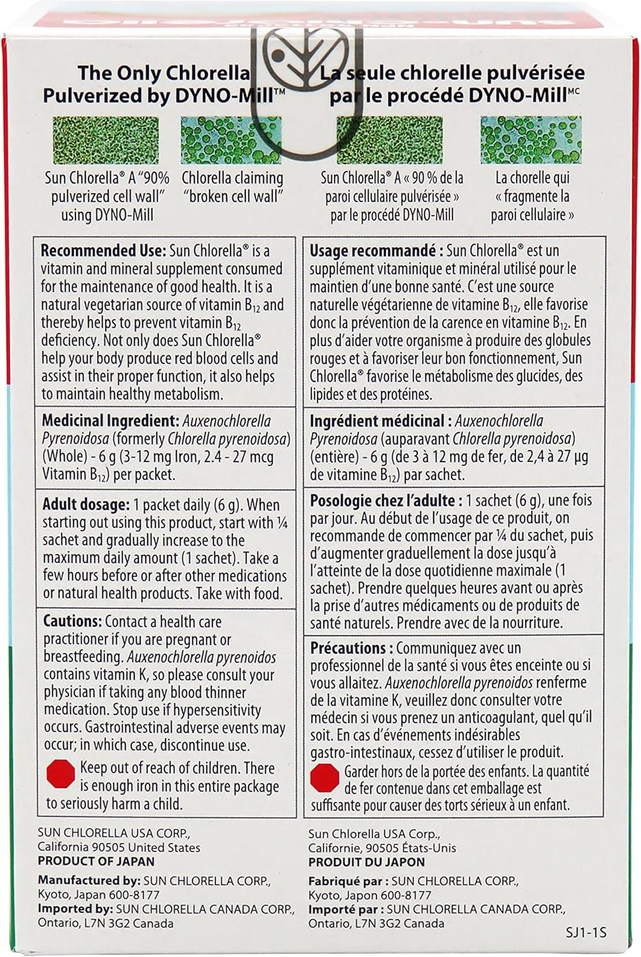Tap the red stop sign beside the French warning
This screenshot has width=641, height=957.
324,776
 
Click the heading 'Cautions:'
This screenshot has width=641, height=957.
72,621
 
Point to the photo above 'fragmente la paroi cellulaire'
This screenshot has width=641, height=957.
532,140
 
